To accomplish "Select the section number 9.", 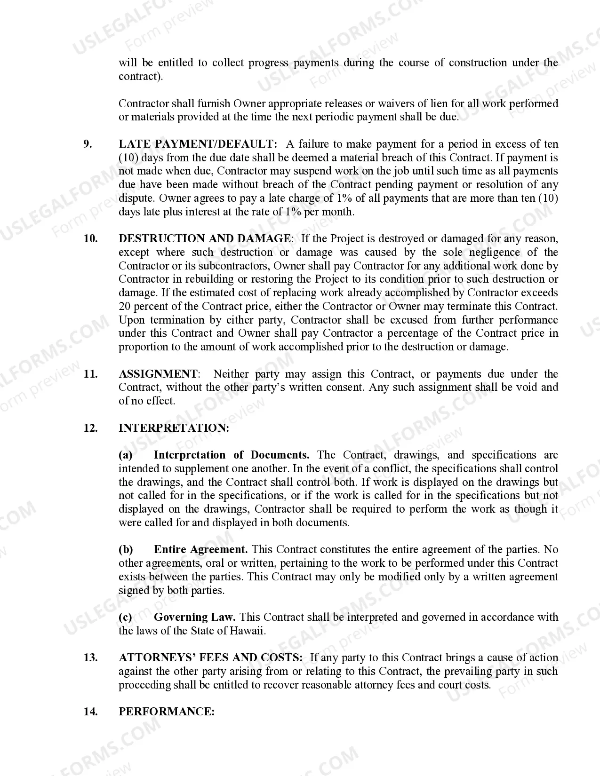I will (88, 144).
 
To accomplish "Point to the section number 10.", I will (90, 238).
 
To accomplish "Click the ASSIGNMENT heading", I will (159, 374).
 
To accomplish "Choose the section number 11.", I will (90, 374).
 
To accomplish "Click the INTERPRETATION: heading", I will (174, 428).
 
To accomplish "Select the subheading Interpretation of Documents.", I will (231, 455).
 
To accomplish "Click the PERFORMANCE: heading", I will (166, 712).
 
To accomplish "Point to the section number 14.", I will (90, 712).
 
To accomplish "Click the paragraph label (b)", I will (126, 549).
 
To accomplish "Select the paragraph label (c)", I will (125, 617).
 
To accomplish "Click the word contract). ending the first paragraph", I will (141, 76).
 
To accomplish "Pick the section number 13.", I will (90, 657).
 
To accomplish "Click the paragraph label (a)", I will (125, 455).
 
